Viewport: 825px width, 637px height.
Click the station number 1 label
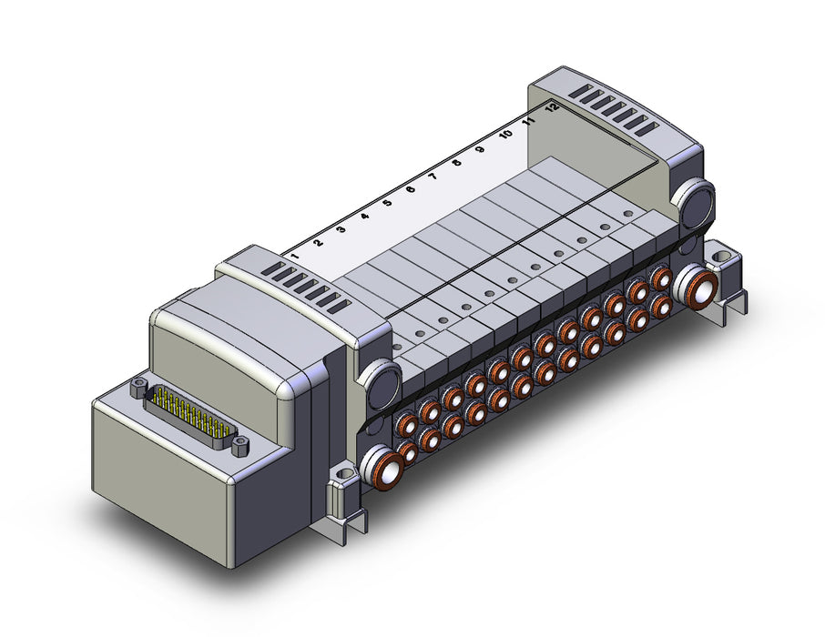tap(295, 257)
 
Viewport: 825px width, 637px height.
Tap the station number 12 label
tap(552, 107)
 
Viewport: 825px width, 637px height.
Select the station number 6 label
tap(411, 189)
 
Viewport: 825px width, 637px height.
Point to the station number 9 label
tap(480, 149)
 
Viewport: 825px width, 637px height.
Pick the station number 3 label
tap(341, 229)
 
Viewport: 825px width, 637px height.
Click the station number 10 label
tap(505, 134)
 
